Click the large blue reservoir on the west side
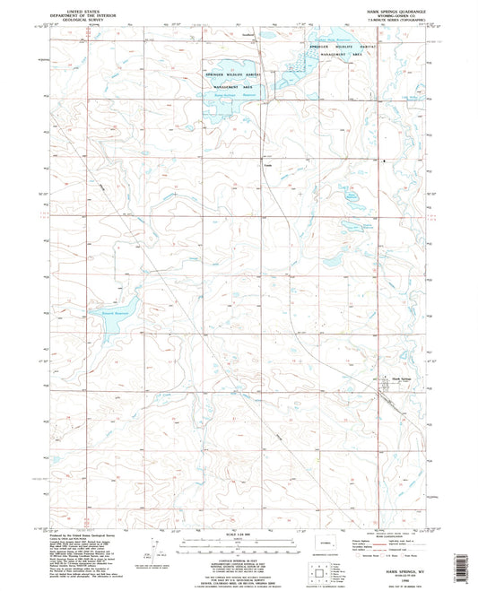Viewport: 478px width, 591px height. (108, 320)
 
